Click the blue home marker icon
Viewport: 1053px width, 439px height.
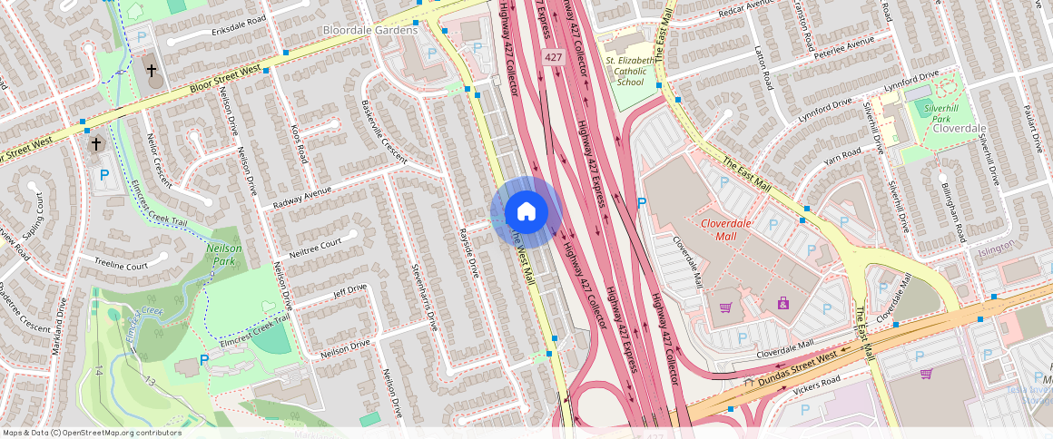point(526,212)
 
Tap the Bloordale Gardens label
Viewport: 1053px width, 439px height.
point(370,30)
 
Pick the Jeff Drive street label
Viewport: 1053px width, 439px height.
point(349,290)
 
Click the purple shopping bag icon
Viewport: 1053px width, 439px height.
point(782,303)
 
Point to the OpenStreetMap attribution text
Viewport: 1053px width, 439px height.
point(93,433)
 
